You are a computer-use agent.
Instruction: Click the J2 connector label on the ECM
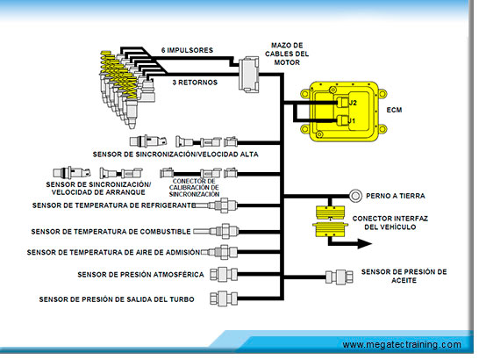(x=353, y=103)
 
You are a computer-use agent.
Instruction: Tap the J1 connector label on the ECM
(x=352, y=121)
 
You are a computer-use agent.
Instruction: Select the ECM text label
(x=394, y=110)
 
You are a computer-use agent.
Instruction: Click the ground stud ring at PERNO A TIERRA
(x=355, y=196)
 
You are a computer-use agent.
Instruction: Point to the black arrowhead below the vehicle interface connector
(x=364, y=244)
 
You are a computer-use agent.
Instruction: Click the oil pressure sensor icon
(x=340, y=277)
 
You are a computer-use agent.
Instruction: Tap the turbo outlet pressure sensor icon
(x=224, y=299)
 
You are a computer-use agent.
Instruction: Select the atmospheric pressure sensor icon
(x=224, y=274)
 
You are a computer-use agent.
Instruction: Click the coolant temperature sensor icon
(x=215, y=205)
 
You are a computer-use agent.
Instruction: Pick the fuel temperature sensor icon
(x=216, y=231)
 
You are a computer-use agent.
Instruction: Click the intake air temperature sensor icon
(x=219, y=252)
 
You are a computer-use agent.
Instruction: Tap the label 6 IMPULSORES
(x=187, y=50)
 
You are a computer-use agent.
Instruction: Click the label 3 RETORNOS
(x=195, y=83)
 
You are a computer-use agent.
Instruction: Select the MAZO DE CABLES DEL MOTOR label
(x=287, y=54)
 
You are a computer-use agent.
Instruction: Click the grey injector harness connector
(x=248, y=75)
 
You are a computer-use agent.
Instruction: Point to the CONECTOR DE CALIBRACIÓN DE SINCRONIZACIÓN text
(x=194, y=188)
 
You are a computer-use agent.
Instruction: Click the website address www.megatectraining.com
(x=402, y=345)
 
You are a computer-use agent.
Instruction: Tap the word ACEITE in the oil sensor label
(x=404, y=280)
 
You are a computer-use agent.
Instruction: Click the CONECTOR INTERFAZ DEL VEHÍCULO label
(x=390, y=223)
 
